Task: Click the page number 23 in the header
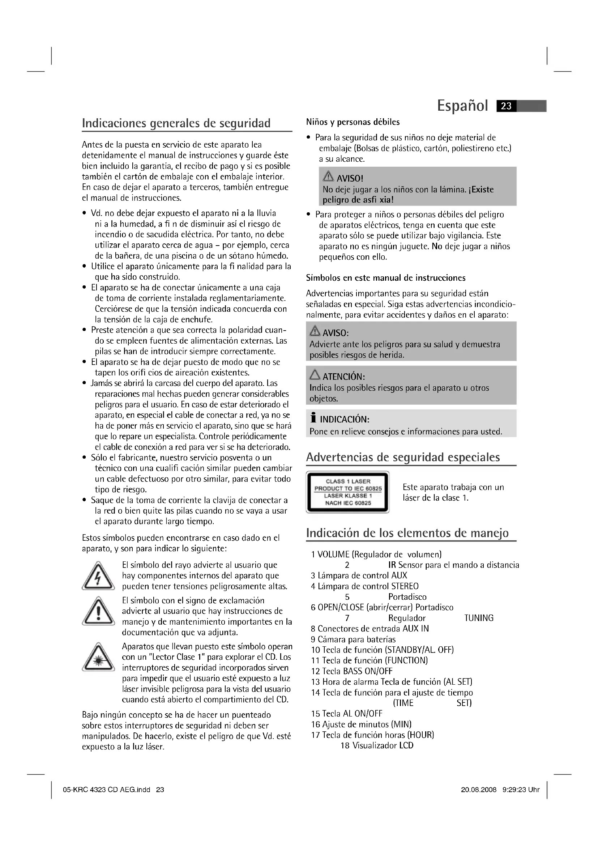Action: tap(506, 106)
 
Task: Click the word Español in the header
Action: tap(462, 106)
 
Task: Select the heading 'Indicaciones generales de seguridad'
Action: tap(176, 123)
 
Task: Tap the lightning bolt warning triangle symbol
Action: tap(98, 575)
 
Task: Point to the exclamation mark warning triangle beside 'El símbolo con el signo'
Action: tap(98, 611)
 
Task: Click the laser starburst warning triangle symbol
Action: tap(98, 657)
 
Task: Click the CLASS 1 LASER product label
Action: tap(347, 492)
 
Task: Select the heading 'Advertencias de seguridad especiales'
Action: tap(403, 457)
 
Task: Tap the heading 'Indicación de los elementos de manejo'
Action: tap(407, 533)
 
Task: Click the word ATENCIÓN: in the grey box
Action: tap(343, 377)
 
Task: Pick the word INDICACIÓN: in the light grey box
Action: tap(344, 419)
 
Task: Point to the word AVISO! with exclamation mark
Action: tap(350, 179)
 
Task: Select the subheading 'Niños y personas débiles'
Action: tap(353, 122)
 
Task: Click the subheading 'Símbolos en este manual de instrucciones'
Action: tap(385, 278)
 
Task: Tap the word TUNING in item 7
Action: tap(479, 618)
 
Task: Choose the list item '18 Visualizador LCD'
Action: tap(377, 745)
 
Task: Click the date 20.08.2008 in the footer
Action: tap(478, 790)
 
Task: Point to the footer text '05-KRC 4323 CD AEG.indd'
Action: tap(107, 790)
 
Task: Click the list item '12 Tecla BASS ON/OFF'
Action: tap(352, 671)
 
